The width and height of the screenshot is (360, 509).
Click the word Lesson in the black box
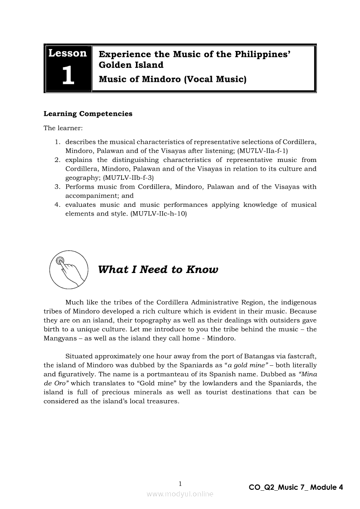coord(68,54)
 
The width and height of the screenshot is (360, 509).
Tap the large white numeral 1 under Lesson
coord(68,76)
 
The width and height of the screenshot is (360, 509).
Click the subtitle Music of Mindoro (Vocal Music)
coord(173,79)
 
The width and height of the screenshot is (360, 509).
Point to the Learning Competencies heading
coord(88,114)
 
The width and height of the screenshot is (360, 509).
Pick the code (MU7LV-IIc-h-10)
coord(158,214)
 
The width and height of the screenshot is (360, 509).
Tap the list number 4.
coord(57,205)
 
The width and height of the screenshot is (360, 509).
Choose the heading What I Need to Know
coord(158,270)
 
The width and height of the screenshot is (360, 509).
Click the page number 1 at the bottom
coord(180,483)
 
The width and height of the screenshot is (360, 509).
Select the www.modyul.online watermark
coord(180,494)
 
